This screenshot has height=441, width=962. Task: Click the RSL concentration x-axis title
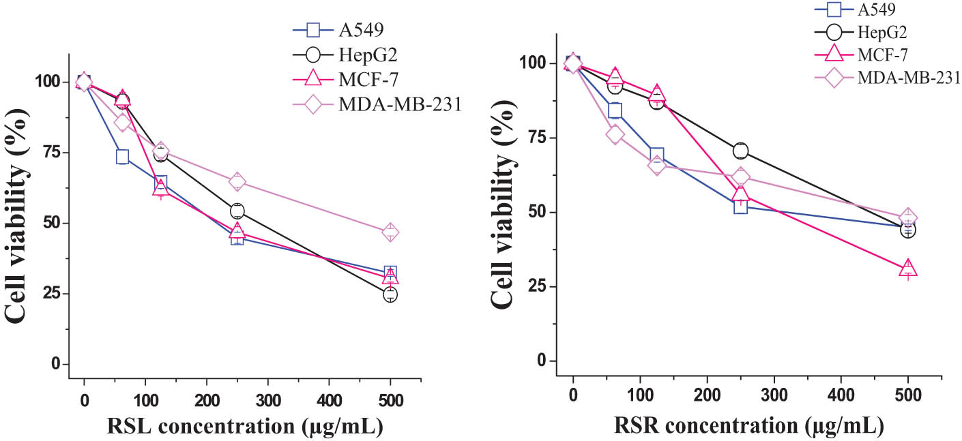(244, 427)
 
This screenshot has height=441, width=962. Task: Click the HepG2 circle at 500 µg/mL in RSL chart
(390, 294)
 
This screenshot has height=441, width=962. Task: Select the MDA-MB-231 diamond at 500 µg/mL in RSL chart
(390, 232)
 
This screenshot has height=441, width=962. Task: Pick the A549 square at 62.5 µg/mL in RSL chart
(122, 157)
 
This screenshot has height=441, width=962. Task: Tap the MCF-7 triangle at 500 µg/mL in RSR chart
(908, 269)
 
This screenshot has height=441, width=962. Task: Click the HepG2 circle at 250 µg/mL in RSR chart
(741, 151)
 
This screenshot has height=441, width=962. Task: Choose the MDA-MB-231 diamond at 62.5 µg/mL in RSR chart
(615, 134)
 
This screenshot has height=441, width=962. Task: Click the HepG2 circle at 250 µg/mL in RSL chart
(237, 211)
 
